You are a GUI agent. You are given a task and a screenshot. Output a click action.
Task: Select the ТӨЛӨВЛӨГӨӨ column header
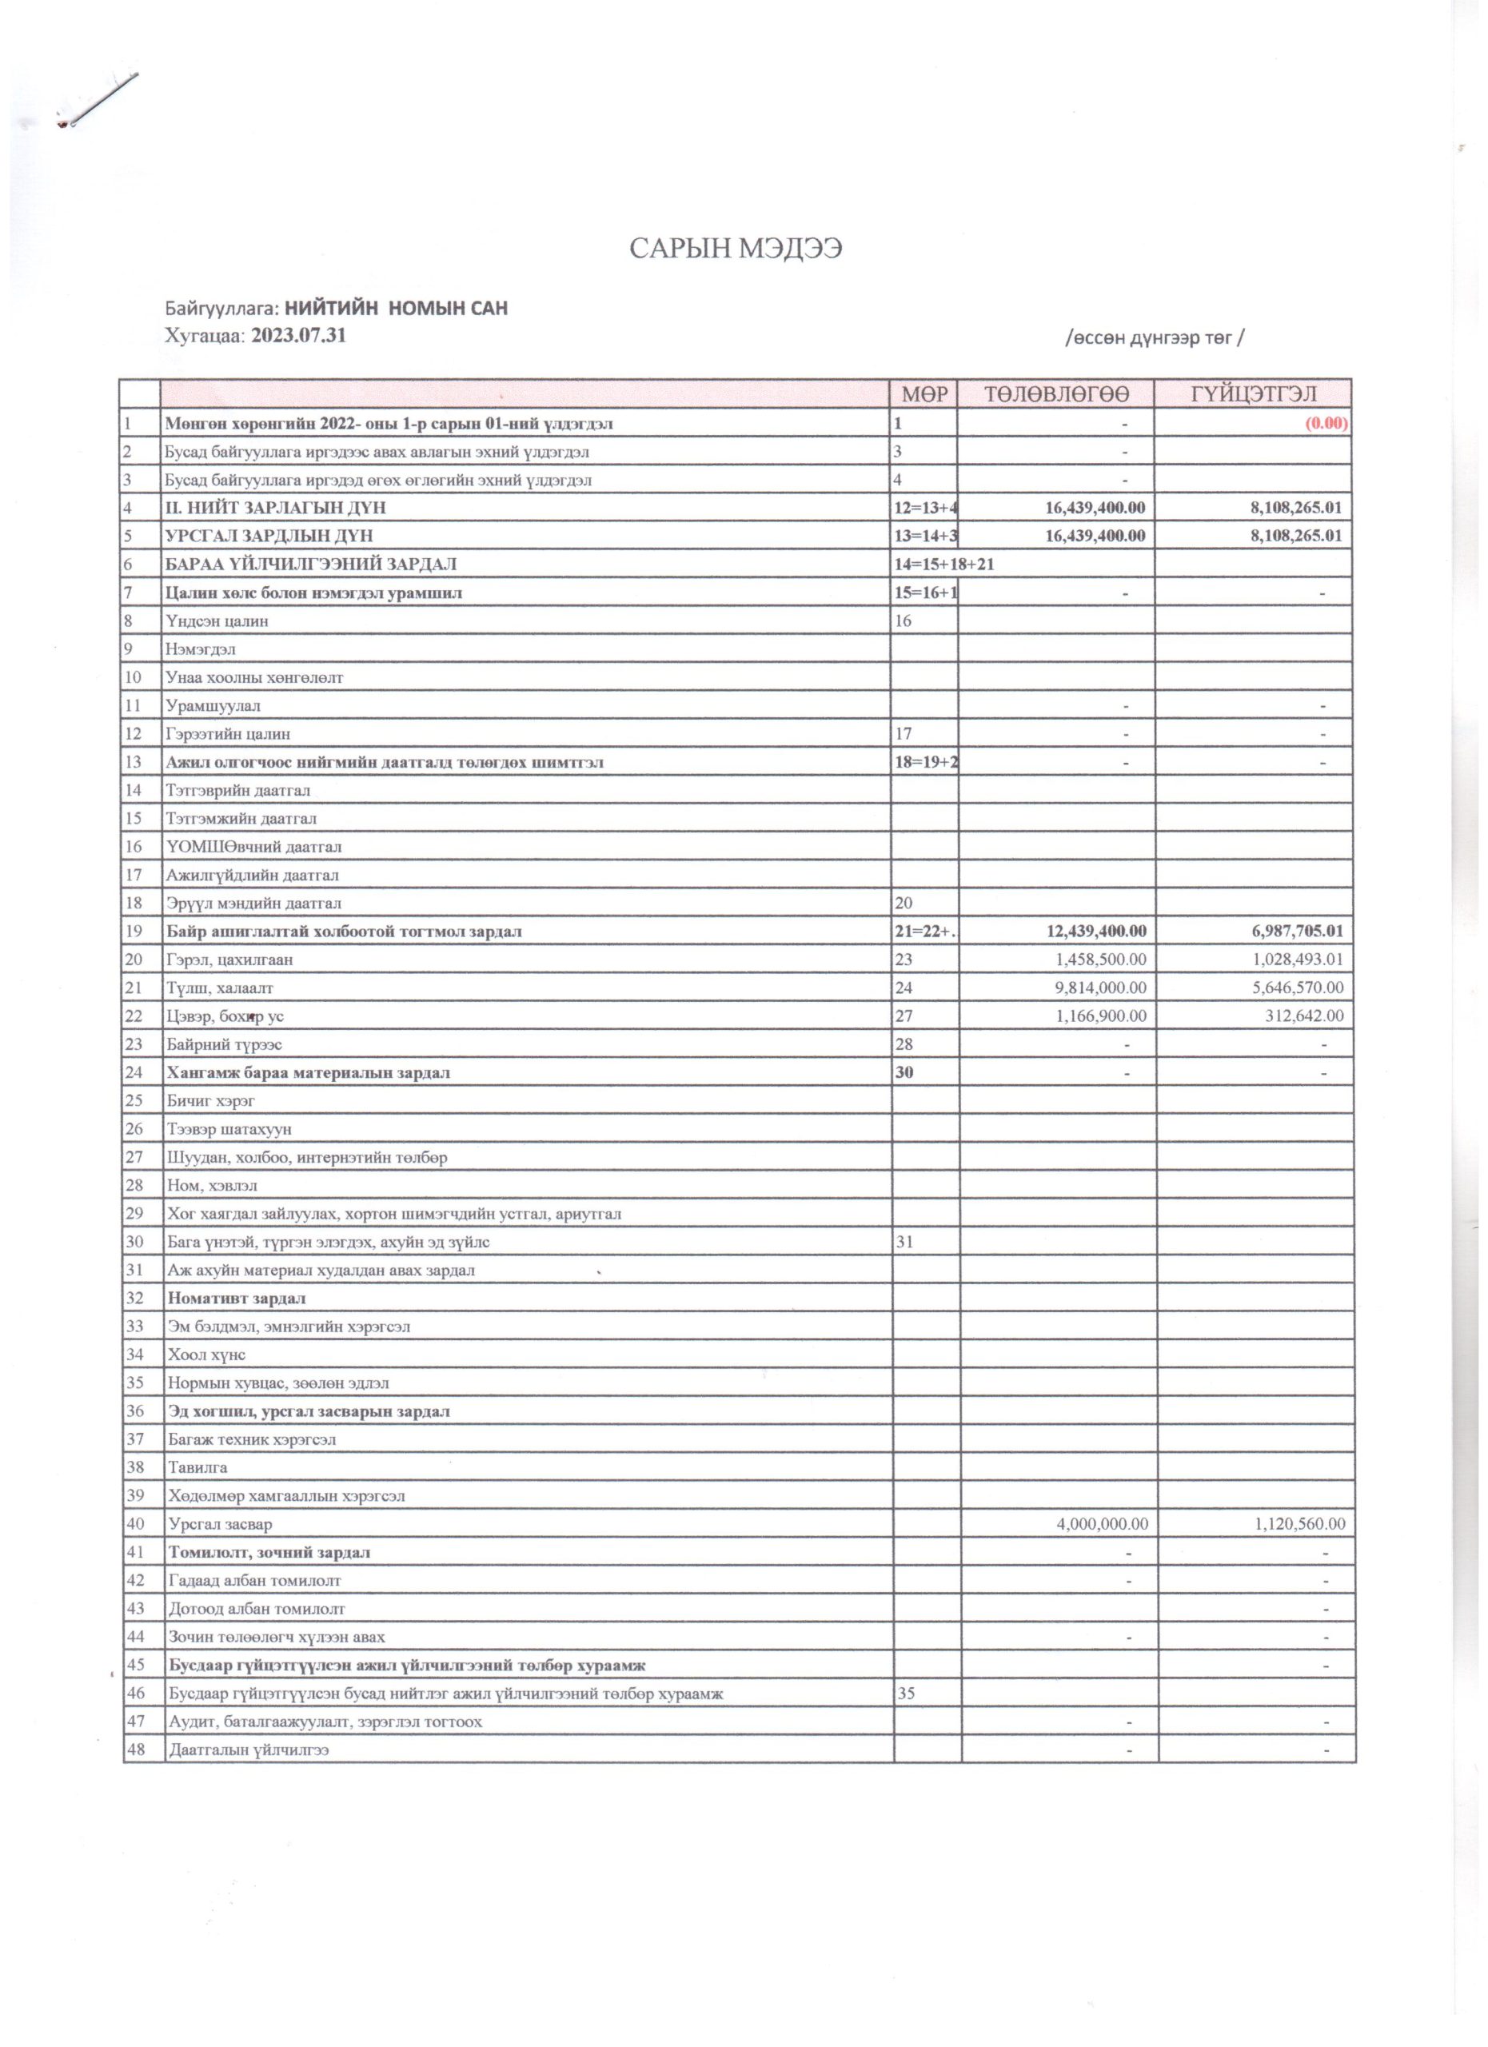click(x=1055, y=393)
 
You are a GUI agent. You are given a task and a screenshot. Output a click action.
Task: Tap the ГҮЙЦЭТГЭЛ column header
click(x=1252, y=393)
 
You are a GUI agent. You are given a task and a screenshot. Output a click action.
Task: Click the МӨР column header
click(x=924, y=393)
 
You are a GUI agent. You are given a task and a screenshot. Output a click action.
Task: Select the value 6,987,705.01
click(x=1291, y=931)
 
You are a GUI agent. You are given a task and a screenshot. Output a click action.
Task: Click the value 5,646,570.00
click(x=1292, y=988)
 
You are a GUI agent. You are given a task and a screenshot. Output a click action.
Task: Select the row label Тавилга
click(x=197, y=1467)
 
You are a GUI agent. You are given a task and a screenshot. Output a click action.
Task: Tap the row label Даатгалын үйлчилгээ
click(x=248, y=1750)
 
